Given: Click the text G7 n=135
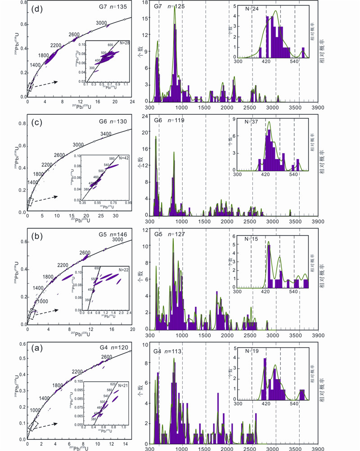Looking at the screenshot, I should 115,7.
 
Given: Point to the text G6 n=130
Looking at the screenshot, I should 114,121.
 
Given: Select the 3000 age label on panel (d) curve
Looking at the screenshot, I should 101,23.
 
